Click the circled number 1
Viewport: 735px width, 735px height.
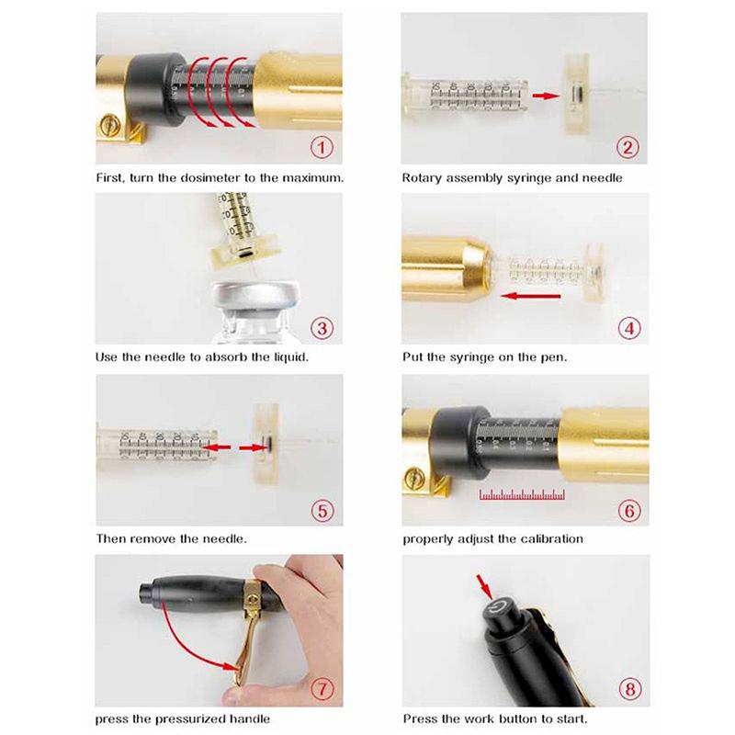tap(322, 148)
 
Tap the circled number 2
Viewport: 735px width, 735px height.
tap(628, 148)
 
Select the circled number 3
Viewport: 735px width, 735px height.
tap(322, 328)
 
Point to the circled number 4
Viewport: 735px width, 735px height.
tap(629, 328)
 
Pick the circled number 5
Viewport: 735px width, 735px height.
tap(322, 511)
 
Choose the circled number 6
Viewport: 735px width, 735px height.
tap(629, 511)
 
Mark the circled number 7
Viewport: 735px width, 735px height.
tap(322, 689)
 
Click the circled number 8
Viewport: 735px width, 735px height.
tap(630, 689)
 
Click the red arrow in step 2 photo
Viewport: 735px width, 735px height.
tap(546, 96)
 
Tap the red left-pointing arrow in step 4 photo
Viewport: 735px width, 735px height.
tap(530, 296)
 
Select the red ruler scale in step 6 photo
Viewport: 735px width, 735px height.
tap(522, 494)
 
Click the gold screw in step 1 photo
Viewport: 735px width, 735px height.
tap(108, 126)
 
